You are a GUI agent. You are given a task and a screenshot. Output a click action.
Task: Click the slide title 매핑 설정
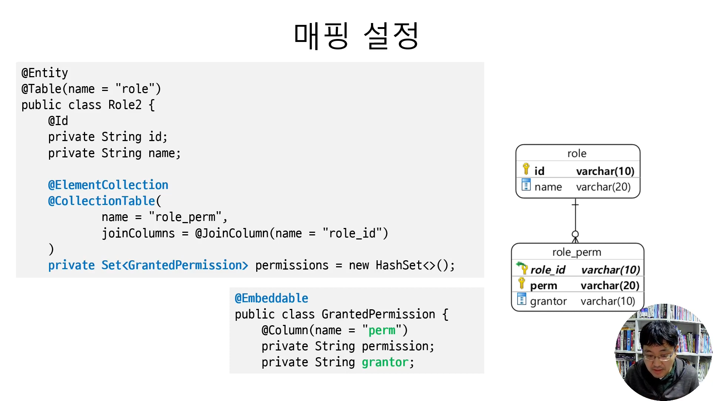356,36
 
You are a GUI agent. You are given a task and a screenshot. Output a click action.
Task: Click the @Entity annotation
45,73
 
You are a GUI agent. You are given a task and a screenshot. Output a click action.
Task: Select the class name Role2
125,105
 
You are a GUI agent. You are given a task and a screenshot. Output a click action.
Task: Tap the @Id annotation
58,121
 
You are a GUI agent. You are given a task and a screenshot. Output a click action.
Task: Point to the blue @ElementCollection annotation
108,185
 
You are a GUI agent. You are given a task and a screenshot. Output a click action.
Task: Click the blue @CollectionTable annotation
101,201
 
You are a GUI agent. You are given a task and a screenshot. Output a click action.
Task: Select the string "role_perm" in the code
185,217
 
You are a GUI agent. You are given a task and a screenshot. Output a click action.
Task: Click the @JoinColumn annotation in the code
232,233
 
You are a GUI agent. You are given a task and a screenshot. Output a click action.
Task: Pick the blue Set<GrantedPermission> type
175,265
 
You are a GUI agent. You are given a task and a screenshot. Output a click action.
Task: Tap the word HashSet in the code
399,265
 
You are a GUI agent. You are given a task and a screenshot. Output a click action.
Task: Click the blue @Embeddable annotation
271,298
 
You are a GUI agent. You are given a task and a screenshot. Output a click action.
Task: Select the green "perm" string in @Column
382,330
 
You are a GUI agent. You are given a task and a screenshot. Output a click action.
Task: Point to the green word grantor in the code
385,362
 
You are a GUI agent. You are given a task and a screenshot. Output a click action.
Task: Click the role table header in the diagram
577,153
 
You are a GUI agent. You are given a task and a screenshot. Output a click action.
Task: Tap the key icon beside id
526,169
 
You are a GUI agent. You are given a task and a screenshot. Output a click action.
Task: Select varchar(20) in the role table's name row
603,187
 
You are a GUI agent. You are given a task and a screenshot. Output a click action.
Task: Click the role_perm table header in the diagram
577,252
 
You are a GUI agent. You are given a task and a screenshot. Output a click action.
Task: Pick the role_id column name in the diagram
548,270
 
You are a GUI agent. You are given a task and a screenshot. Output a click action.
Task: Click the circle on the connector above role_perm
575,234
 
